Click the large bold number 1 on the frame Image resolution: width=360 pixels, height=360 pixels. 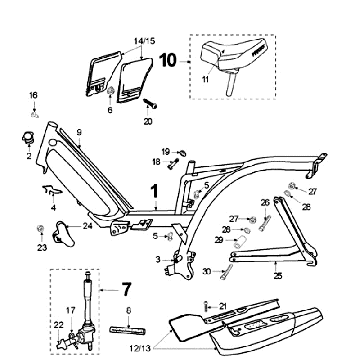[154, 189]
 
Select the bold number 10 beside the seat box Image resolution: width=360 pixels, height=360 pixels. [168, 60]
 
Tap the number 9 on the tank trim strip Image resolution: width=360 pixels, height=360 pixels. [76, 132]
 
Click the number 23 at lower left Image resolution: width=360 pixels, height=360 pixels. [42, 246]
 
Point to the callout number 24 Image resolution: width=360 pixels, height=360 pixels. [89, 226]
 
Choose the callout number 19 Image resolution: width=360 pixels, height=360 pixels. [167, 150]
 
